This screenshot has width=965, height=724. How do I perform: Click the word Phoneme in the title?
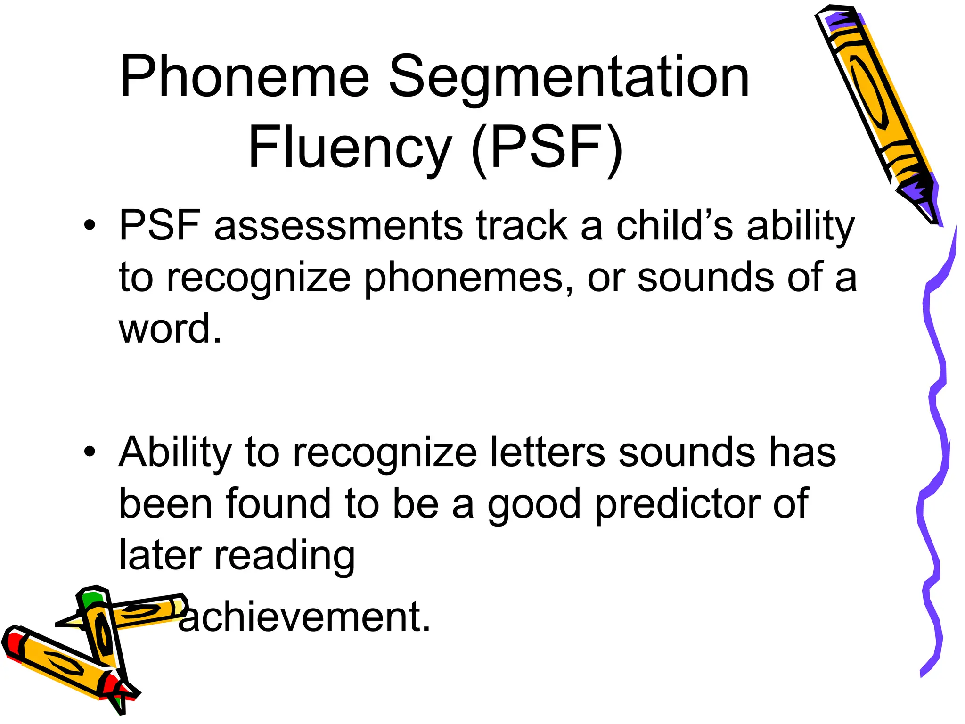pyautogui.click(x=244, y=76)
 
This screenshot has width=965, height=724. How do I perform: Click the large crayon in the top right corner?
pyautogui.click(x=872, y=104)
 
